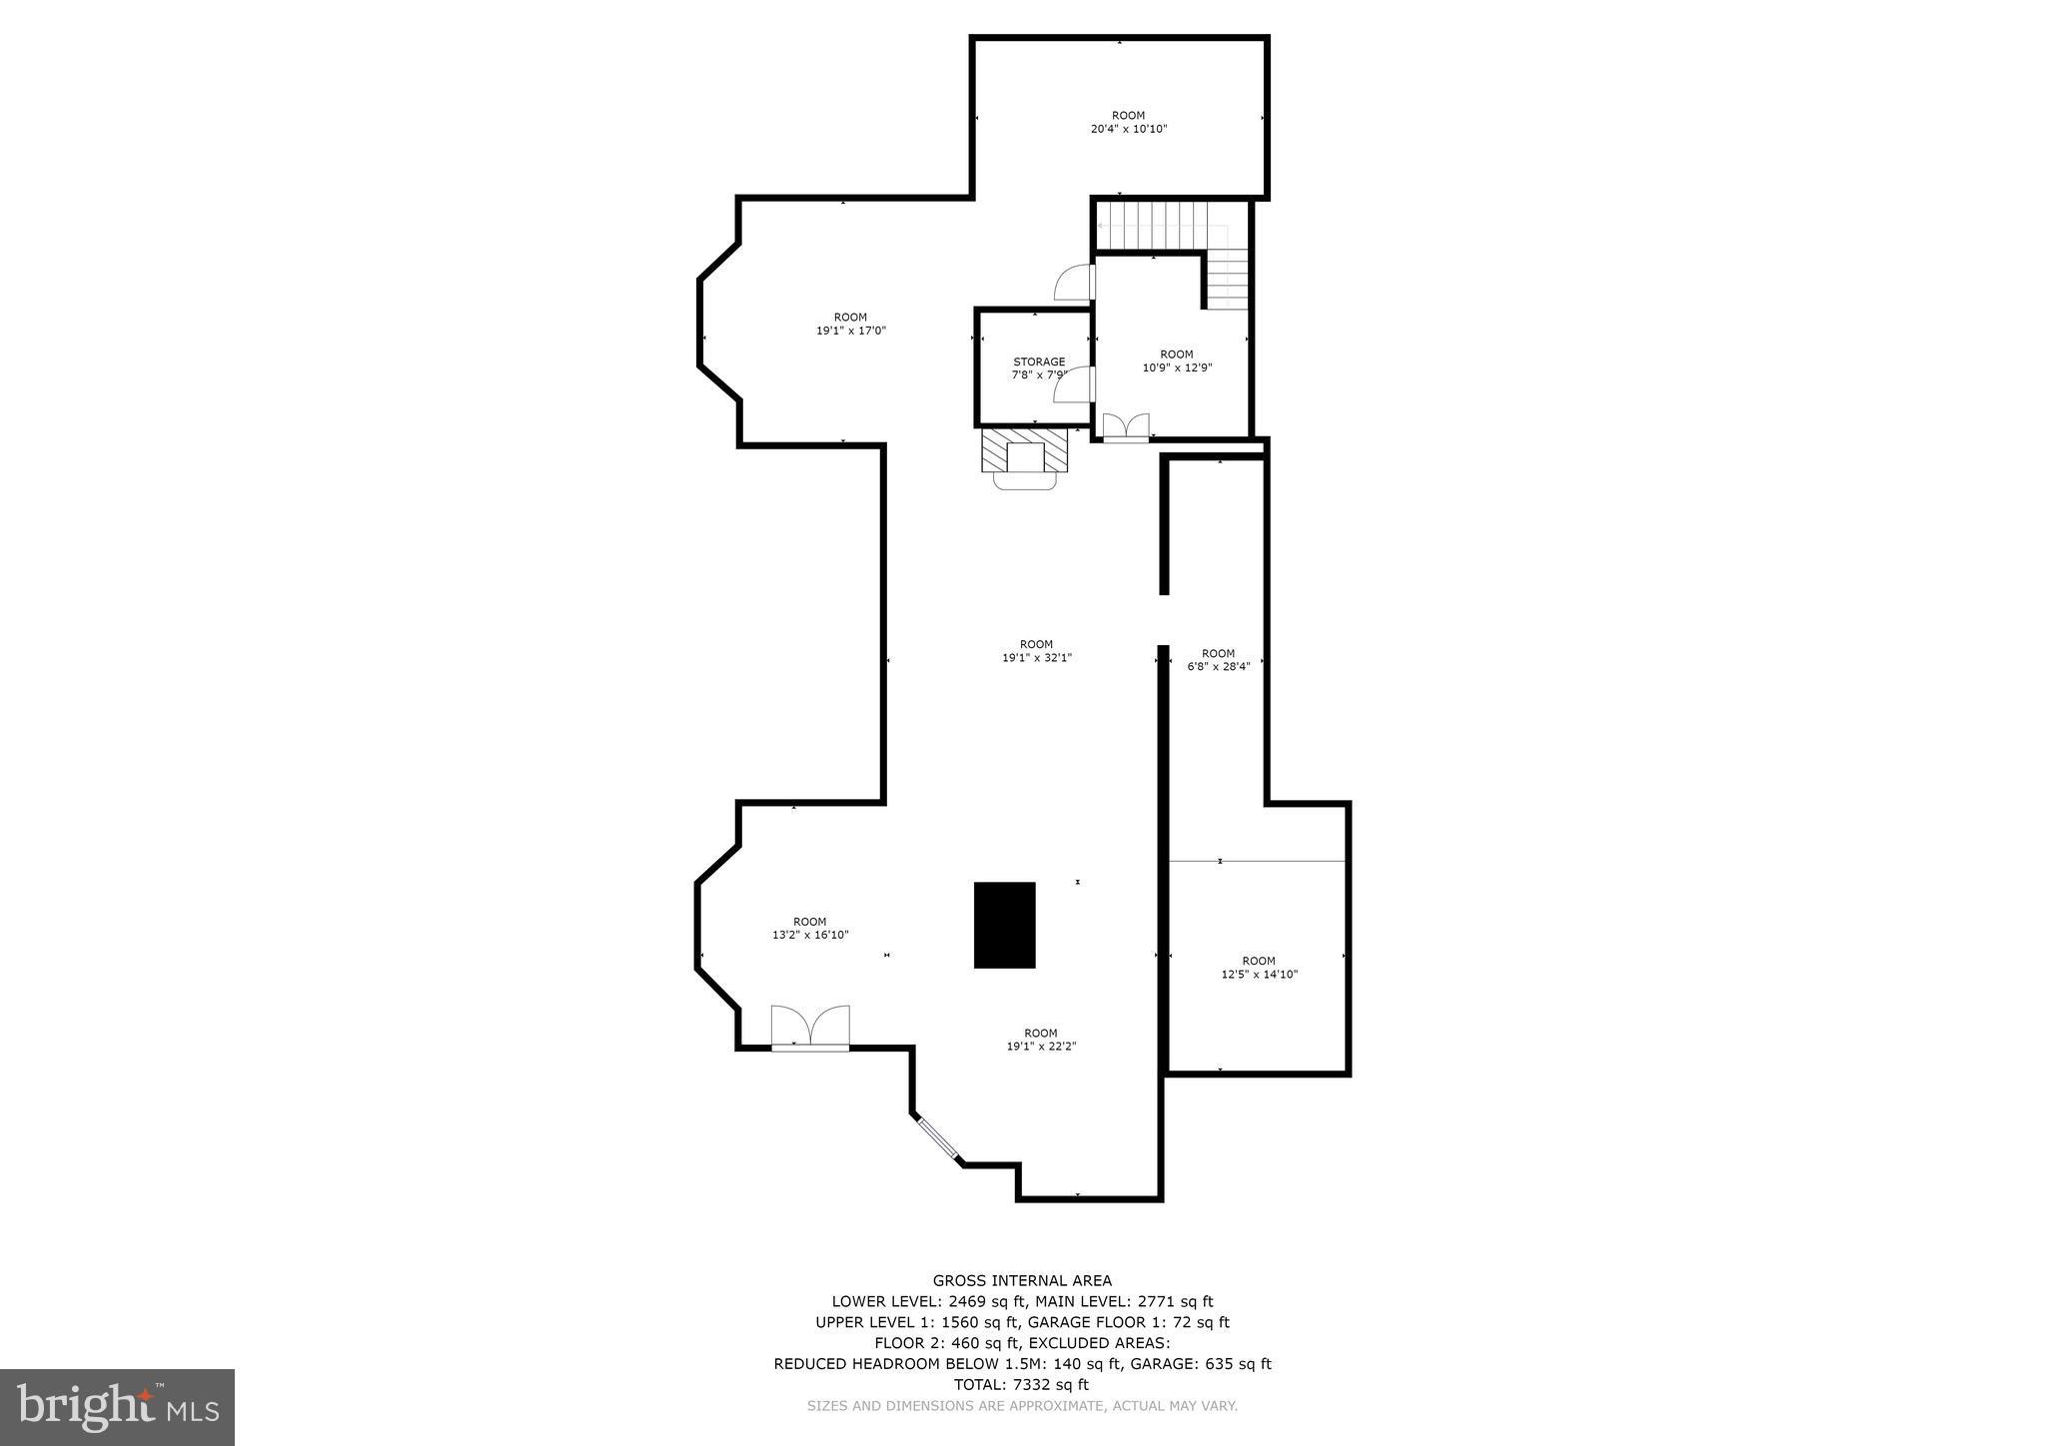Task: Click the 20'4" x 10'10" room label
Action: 1128,122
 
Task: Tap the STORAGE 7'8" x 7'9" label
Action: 1039,368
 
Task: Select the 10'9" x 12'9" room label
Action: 1177,361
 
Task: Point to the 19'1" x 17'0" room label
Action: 850,324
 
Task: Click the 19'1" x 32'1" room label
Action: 1036,651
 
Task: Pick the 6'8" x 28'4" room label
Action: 1218,660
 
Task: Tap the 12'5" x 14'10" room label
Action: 1259,968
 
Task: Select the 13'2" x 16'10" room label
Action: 809,929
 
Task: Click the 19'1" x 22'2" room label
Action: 1040,1040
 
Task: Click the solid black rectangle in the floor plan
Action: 1004,925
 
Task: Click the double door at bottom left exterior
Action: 810,1028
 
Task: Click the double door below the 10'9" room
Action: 1126,427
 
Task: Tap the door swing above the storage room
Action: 1075,283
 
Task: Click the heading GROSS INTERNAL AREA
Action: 1022,1280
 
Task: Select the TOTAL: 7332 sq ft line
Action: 1021,1384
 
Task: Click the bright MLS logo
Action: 117,1407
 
